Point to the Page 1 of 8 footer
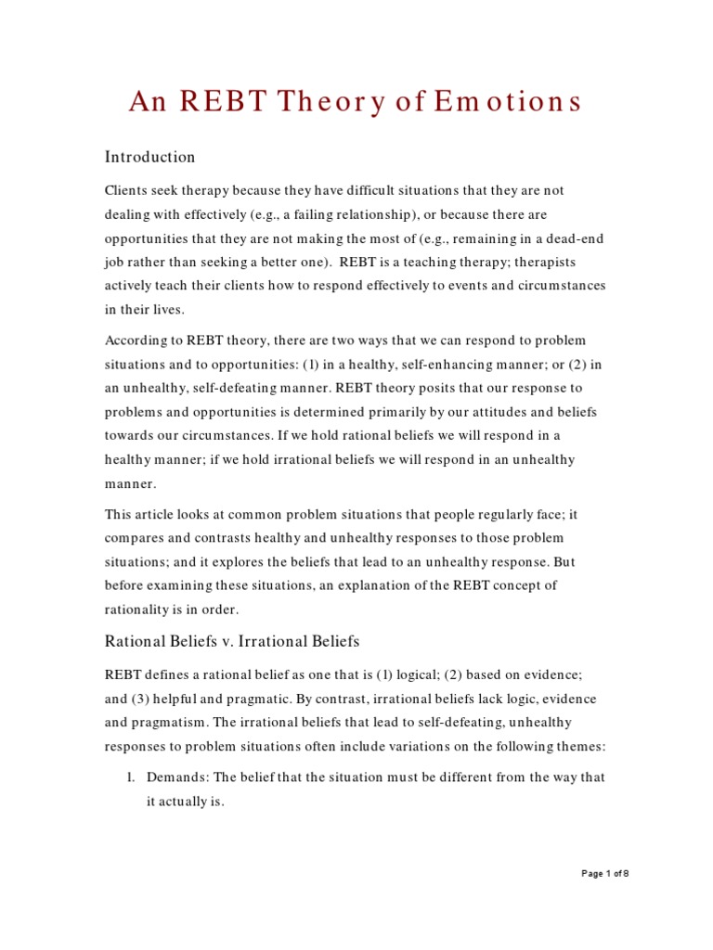[x=604, y=873]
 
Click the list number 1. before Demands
[x=134, y=777]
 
